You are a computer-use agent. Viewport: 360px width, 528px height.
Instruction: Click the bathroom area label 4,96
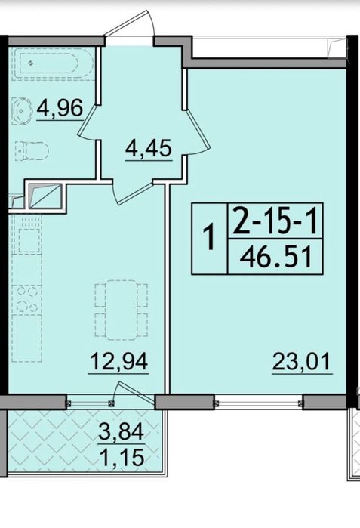(x=60, y=108)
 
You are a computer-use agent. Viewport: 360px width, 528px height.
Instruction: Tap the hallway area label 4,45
(x=149, y=149)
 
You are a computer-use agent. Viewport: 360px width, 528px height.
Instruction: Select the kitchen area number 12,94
(x=118, y=361)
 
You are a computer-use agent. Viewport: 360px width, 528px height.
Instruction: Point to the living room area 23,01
(x=302, y=362)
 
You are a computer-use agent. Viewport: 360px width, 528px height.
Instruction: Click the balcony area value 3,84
(x=122, y=432)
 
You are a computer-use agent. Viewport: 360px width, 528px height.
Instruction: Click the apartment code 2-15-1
(x=275, y=221)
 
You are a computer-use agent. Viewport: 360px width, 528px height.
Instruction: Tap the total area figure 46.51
(x=275, y=257)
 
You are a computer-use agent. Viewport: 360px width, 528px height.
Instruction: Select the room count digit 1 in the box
(x=210, y=238)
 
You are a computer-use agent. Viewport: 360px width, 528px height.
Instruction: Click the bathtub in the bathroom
(x=53, y=63)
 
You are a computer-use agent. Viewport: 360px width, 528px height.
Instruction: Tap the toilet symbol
(x=32, y=151)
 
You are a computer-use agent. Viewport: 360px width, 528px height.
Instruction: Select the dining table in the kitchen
(x=122, y=309)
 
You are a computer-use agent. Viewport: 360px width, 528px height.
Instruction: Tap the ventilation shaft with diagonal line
(x=45, y=196)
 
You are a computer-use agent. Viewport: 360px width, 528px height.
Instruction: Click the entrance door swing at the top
(x=130, y=23)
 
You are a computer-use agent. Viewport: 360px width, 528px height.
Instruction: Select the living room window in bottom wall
(x=258, y=402)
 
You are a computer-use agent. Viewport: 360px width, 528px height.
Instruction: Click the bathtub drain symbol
(x=31, y=63)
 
